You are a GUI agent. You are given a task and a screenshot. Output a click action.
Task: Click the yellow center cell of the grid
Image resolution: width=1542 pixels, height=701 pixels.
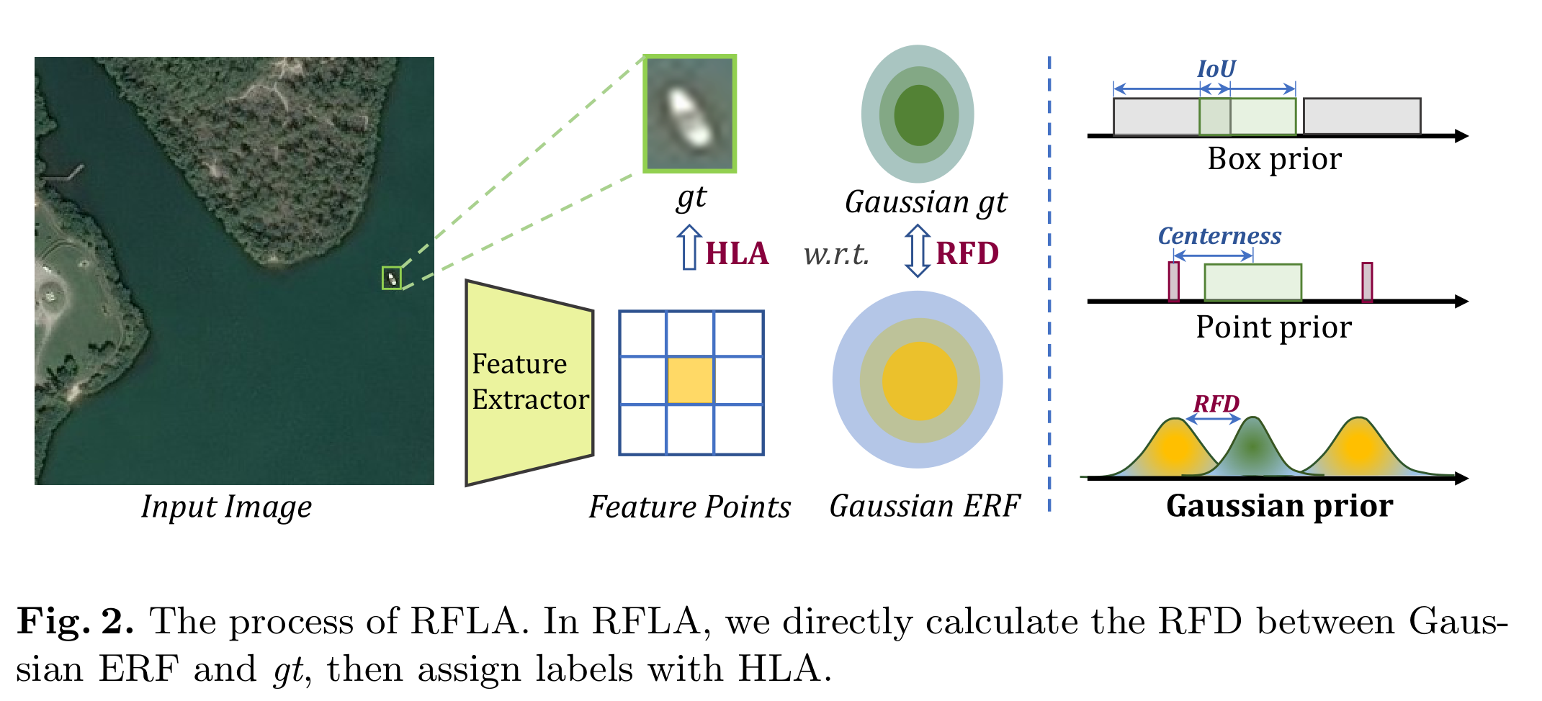coord(690,379)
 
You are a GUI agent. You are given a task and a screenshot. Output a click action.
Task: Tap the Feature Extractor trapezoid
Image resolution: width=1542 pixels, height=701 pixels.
coord(529,382)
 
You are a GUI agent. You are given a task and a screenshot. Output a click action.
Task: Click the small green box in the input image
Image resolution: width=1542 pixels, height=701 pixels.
coord(391,278)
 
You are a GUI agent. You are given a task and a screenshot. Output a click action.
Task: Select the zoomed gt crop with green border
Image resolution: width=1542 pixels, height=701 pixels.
coord(689,114)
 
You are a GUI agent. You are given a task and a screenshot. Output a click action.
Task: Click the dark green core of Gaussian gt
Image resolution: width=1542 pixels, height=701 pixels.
coord(918,115)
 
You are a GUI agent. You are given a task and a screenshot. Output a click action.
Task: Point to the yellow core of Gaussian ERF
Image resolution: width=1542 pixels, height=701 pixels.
coord(919,381)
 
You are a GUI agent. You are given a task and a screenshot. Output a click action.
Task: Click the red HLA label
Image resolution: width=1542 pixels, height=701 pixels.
coord(737,254)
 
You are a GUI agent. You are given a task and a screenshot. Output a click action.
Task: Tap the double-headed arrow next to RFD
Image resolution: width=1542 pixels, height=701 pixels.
coord(917,250)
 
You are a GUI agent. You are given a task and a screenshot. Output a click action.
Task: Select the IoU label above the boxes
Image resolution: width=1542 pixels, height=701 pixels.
coord(1216,69)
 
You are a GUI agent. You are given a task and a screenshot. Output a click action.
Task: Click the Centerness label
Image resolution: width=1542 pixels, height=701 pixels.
coord(1219,236)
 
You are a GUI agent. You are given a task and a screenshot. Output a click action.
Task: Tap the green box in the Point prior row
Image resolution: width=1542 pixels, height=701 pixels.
coord(1252,282)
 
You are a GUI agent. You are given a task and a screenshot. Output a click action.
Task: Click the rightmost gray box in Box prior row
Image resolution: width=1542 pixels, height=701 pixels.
coord(1361,116)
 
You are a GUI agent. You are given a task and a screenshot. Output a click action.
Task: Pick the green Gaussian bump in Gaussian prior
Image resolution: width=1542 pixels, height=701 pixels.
coord(1253,449)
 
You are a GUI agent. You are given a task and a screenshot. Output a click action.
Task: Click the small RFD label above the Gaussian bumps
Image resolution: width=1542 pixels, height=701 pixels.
coord(1216,404)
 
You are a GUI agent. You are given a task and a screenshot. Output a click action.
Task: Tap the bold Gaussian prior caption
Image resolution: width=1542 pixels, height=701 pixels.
coord(1279,506)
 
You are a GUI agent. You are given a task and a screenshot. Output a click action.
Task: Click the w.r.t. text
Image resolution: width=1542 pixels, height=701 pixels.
coord(836,254)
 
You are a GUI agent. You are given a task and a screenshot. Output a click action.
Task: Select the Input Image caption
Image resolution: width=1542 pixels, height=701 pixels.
coord(226,507)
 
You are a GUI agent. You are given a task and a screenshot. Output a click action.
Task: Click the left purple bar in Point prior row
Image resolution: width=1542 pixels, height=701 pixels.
coord(1173,281)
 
